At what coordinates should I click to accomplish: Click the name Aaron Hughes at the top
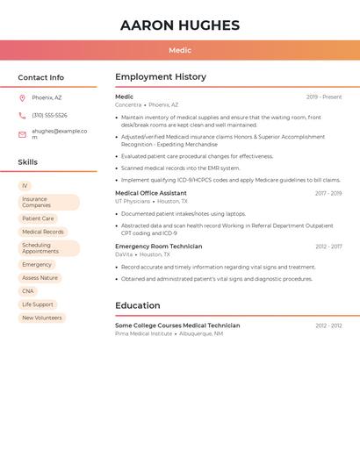coord(180,25)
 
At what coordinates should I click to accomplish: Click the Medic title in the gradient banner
coord(180,51)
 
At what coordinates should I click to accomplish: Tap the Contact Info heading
coord(41,77)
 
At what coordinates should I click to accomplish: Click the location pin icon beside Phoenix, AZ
coord(22,98)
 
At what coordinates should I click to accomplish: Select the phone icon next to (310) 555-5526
coord(22,116)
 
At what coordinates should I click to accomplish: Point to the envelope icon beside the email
coord(22,134)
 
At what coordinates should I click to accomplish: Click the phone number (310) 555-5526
coord(49,116)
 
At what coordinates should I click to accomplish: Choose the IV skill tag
coord(25,186)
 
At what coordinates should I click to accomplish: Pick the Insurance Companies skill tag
coord(48,203)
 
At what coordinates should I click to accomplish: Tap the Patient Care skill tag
coord(38,218)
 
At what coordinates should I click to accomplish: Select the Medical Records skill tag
coord(43,232)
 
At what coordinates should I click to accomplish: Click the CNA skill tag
coord(28,291)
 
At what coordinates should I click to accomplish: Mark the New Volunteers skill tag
coord(42,318)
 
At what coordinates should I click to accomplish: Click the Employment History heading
coord(161,77)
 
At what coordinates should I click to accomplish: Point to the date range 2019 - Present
coord(324,97)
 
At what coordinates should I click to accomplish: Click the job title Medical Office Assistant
coord(151,193)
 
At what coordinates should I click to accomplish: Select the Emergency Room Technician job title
coord(158,247)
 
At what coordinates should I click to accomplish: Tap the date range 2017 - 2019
coord(328,193)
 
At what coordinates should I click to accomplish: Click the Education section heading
coord(137,306)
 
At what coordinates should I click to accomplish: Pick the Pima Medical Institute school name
coord(143,333)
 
